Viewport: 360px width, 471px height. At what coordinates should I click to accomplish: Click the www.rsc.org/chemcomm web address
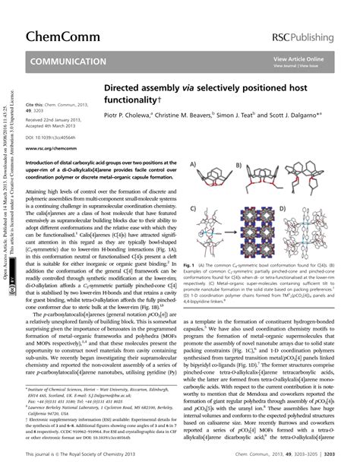tap(50, 150)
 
